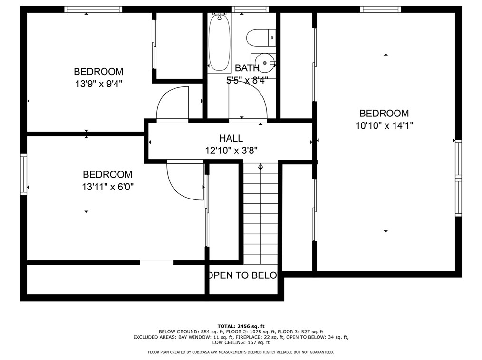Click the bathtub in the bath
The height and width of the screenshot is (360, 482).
pyautogui.click(x=219, y=43)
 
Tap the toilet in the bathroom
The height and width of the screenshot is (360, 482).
pyautogui.click(x=261, y=38)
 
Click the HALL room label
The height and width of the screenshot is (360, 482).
pyautogui.click(x=231, y=138)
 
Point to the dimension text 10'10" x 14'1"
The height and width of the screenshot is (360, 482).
pyautogui.click(x=384, y=126)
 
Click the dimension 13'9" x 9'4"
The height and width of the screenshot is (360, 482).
pyautogui.click(x=99, y=84)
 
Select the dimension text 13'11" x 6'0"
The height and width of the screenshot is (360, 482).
pyautogui.click(x=107, y=187)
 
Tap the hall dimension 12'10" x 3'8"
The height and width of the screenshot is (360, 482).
pyautogui.click(x=231, y=151)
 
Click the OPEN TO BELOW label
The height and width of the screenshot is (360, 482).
pyautogui.click(x=243, y=275)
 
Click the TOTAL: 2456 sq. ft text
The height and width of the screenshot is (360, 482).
pyautogui.click(x=241, y=326)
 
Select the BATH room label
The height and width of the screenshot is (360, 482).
pyautogui.click(x=247, y=68)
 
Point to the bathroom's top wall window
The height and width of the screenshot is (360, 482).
pyautogui.click(x=250, y=9)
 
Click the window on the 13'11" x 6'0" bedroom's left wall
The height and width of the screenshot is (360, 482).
pyautogui.click(x=24, y=174)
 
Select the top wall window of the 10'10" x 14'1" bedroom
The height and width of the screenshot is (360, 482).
pyautogui.click(x=381, y=9)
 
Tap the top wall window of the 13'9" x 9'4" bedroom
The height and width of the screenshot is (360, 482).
pyautogui.click(x=93, y=9)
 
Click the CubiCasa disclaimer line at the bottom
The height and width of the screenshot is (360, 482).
pyautogui.click(x=241, y=352)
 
